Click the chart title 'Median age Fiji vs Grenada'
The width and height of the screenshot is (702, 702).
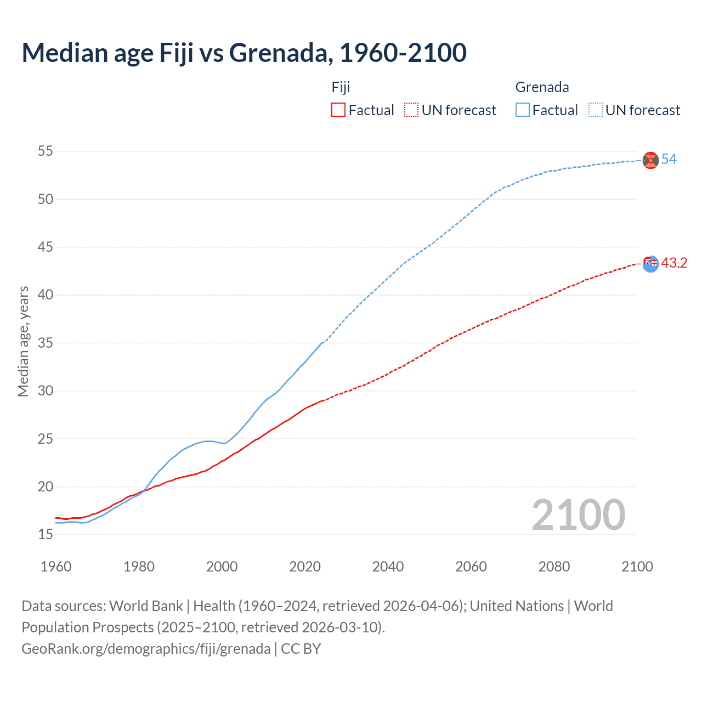[x=244, y=53]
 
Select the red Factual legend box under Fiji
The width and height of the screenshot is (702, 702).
[x=338, y=110]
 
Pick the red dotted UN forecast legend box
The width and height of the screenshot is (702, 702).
[x=411, y=110]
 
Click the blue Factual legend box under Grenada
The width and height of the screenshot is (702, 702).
[x=523, y=110]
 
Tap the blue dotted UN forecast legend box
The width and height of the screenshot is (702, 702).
[x=596, y=110]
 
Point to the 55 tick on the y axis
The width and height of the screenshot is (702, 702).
[x=46, y=151]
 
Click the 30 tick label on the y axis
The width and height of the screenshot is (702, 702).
[x=46, y=391]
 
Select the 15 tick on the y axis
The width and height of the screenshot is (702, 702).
[x=46, y=535]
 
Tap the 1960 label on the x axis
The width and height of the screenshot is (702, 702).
[x=56, y=567]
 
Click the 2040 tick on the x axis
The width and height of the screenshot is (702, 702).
[x=388, y=567]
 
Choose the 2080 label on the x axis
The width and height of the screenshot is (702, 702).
[x=554, y=567]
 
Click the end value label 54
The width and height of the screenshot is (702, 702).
[x=669, y=160]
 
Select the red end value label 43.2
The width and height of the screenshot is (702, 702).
[x=674, y=263]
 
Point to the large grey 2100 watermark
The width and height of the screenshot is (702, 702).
[x=578, y=514]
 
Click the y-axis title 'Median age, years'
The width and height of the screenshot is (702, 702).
[x=23, y=341]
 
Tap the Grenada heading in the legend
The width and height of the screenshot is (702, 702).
[x=542, y=87]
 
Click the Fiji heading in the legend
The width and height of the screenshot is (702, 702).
[x=341, y=87]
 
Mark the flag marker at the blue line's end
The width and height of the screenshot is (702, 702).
[x=650, y=160]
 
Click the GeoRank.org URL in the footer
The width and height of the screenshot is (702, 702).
[x=146, y=648]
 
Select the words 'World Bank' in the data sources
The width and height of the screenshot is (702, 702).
[x=146, y=606]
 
